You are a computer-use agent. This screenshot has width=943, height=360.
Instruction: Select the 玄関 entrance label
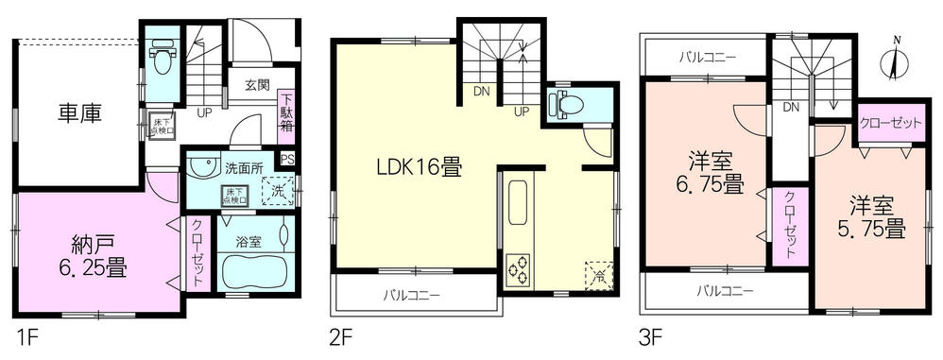point(258,84)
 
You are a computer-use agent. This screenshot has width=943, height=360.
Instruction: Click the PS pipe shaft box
point(287,159)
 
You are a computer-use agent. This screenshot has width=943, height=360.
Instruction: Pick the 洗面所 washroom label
point(244,168)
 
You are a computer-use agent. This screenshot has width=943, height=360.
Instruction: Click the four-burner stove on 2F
point(520,271)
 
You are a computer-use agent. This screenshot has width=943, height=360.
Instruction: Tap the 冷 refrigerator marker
point(597,275)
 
